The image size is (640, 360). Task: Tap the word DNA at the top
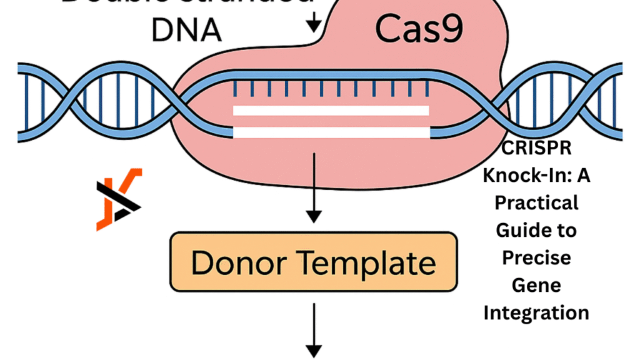[x=186, y=29]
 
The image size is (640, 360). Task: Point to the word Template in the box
[x=365, y=263]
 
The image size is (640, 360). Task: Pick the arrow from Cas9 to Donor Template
[x=314, y=187]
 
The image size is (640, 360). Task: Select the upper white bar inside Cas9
[x=331, y=111]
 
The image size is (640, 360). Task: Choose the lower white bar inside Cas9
[x=331, y=132]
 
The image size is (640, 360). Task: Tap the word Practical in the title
[x=536, y=203]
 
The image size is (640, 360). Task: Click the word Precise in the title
[x=536, y=257]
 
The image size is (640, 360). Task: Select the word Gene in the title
[x=536, y=285]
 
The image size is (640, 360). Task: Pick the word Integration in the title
[x=536, y=312]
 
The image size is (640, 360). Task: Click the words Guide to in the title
[x=536, y=231]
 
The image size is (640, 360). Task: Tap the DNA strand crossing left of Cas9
[x=91, y=101]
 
